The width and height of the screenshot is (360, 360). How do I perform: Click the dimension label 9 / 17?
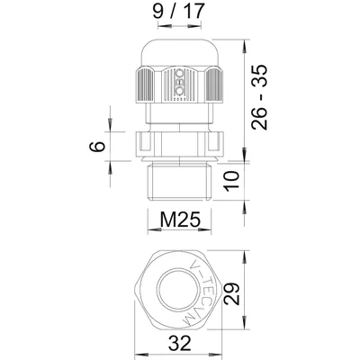click(x=177, y=14)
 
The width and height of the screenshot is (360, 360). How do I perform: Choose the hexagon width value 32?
click(x=176, y=342)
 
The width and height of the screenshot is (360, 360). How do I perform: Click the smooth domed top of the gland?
click(x=177, y=49)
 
